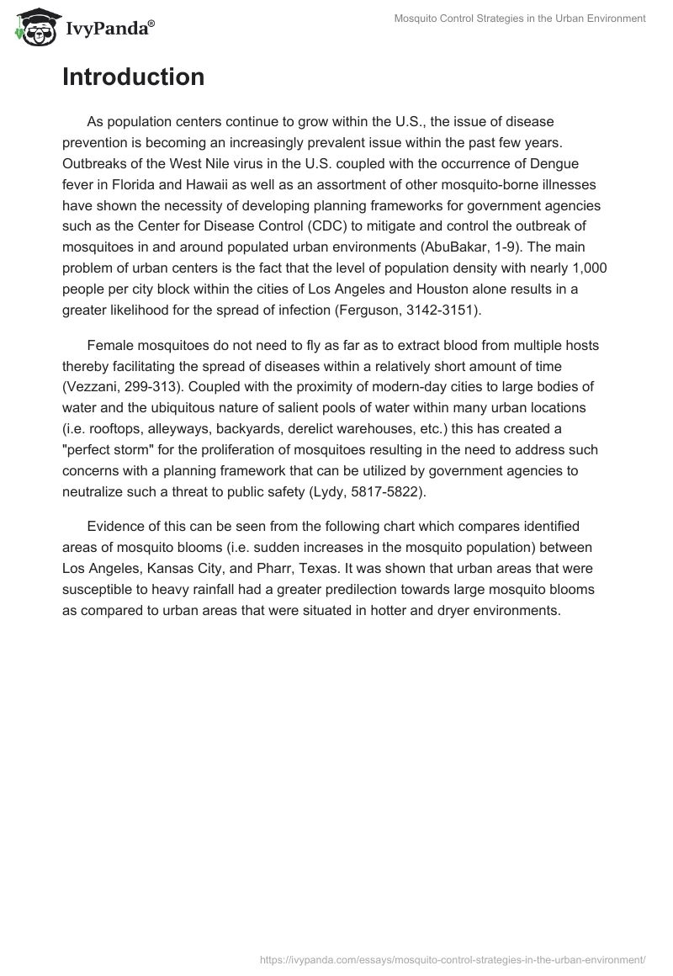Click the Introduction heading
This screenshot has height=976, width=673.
coord(133,77)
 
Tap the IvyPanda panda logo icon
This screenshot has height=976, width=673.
coord(34,24)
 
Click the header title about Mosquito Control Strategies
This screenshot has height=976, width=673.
coord(520,19)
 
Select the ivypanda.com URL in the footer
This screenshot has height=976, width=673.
coord(453,958)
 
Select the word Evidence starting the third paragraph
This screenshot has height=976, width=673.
coord(117,527)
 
